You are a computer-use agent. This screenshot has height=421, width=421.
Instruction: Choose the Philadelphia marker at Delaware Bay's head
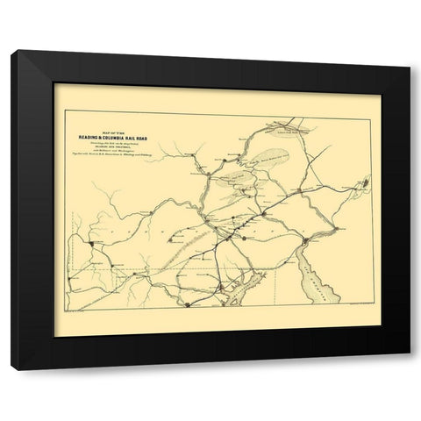tap(303, 240)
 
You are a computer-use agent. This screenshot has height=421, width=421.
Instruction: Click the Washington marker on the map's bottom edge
tap(187, 304)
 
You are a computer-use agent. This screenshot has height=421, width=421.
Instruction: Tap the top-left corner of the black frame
tap(11, 52)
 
